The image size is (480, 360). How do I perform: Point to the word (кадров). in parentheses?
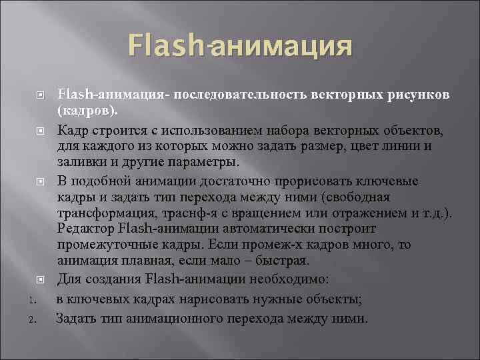pyautogui.click(x=87, y=109)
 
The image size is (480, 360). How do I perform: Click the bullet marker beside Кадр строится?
pyautogui.click(x=40, y=128)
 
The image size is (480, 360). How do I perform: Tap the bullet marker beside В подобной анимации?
pyautogui.click(x=40, y=181)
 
